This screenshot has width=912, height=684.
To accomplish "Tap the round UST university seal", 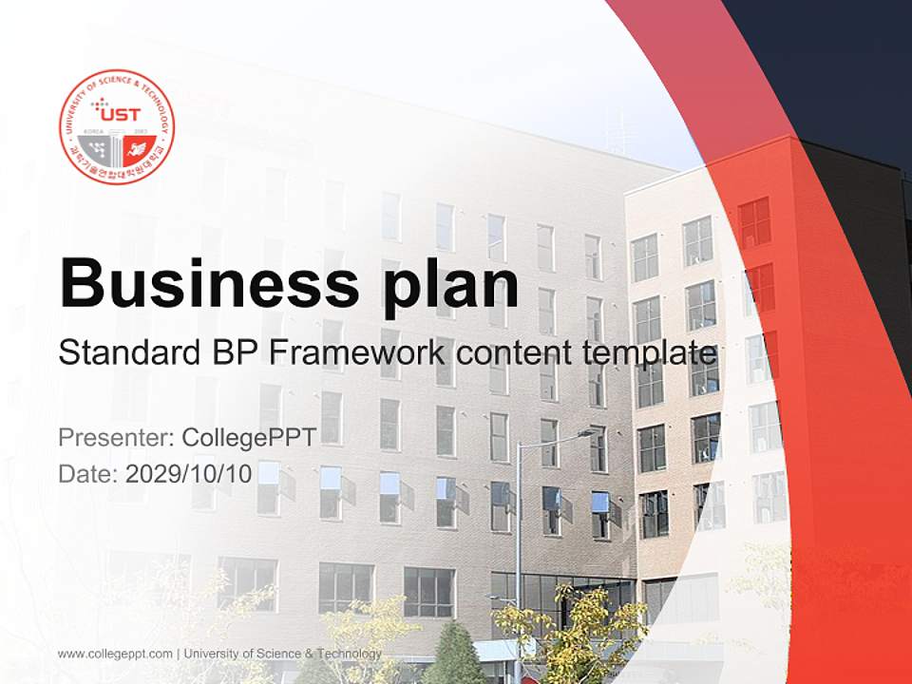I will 117,126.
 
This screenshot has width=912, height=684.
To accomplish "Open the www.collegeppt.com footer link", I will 115,654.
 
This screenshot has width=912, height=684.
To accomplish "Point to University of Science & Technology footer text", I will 283,654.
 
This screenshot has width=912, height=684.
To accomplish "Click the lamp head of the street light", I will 589,432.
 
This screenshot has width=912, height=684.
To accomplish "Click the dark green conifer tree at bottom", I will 453,655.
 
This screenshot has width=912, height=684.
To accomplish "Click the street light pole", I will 519,551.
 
